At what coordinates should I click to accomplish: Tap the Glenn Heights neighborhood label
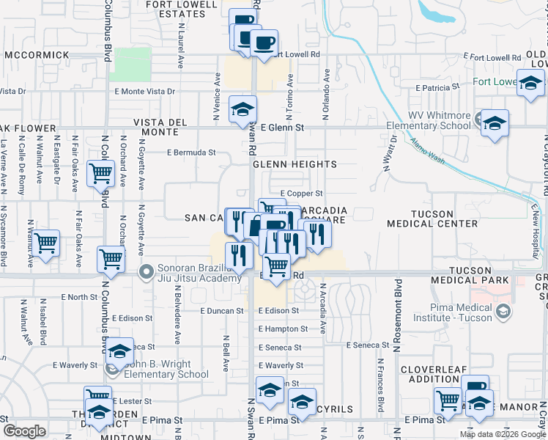click(x=295, y=165)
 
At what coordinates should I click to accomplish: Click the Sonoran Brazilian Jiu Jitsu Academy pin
click(x=147, y=272)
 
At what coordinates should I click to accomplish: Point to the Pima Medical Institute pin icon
click(x=503, y=312)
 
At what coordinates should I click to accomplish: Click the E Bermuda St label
click(x=191, y=153)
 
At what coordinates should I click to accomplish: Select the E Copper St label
click(x=301, y=194)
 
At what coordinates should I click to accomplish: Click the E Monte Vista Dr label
click(x=145, y=92)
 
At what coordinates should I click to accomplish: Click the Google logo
click(x=24, y=431)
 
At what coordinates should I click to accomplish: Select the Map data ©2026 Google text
click(x=501, y=434)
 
